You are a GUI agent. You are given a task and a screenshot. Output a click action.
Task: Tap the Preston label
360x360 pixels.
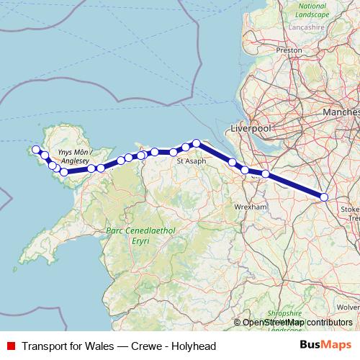(x=289, y=50)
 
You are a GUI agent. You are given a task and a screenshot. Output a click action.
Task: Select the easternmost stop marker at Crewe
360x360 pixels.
(x=324, y=197)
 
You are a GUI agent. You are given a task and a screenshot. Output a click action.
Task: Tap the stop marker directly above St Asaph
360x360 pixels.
(x=196, y=143)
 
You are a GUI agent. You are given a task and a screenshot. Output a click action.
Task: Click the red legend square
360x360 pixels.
(x=9, y=345)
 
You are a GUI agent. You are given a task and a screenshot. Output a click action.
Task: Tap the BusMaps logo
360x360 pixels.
(x=325, y=345)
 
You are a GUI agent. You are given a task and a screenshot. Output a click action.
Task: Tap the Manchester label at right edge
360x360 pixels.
(x=342, y=113)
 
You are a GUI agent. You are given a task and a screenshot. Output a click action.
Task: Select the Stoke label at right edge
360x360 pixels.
(x=353, y=207)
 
